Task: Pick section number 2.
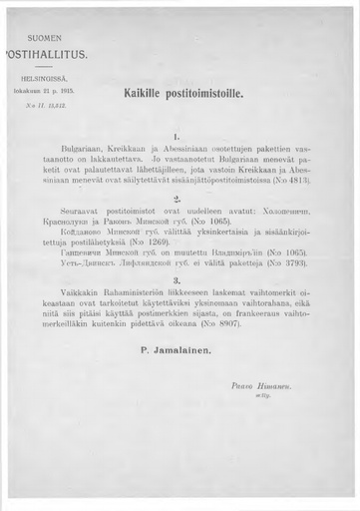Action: [177, 199]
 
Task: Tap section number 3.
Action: [177, 280]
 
